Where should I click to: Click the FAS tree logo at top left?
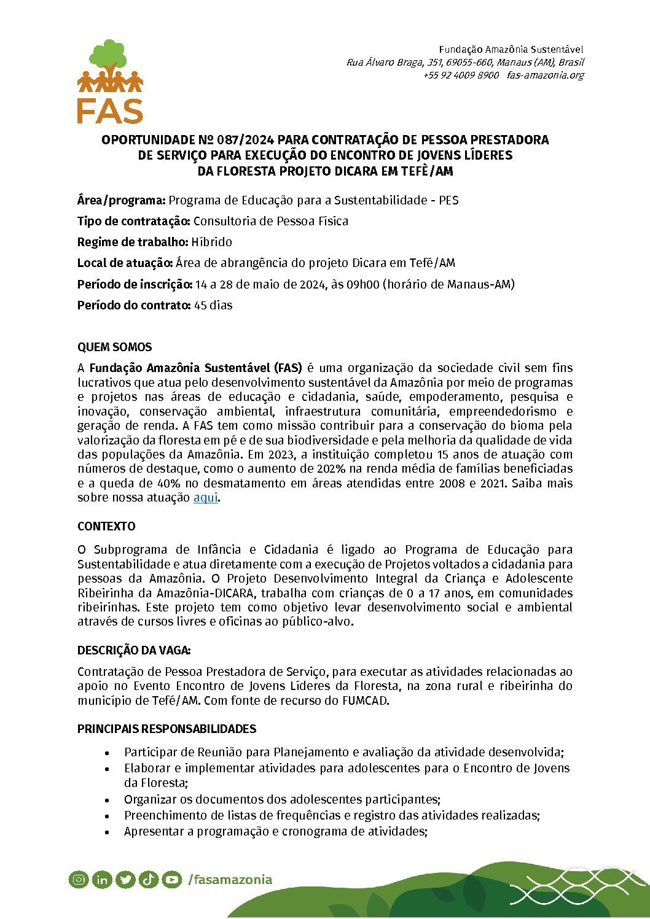pyautogui.click(x=110, y=81)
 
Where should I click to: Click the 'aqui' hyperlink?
pyautogui.click(x=205, y=498)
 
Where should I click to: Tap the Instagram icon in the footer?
pyautogui.click(x=79, y=880)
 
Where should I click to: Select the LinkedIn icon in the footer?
pyautogui.click(x=102, y=880)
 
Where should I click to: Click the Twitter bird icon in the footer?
pyautogui.click(x=125, y=880)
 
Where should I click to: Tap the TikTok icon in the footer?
pyautogui.click(x=149, y=880)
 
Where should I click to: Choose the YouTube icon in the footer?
pyautogui.click(x=172, y=880)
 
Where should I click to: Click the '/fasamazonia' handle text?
pyautogui.click(x=230, y=880)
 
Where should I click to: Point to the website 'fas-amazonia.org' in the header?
pyautogui.click(x=545, y=76)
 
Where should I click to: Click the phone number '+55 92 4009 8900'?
pyautogui.click(x=461, y=76)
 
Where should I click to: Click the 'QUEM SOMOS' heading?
pyautogui.click(x=114, y=347)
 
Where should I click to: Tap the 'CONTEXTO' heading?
pyautogui.click(x=106, y=527)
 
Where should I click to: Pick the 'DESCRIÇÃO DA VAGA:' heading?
pyautogui.click(x=134, y=651)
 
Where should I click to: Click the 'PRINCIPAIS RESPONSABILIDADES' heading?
pyautogui.click(x=166, y=729)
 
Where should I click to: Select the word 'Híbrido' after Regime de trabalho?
pyautogui.click(x=211, y=242)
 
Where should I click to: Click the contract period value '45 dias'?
pyautogui.click(x=213, y=306)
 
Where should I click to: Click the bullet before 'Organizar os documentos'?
pyautogui.click(x=108, y=800)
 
